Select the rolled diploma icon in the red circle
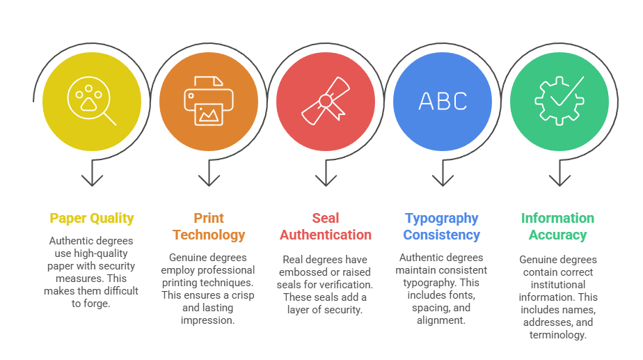tap(325, 101)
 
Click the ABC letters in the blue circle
tap(443, 102)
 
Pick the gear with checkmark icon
tap(558, 101)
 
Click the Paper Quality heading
tap(92, 219)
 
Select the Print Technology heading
tap(209, 226)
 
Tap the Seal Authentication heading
tap(326, 226)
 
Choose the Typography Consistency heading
tap(442, 226)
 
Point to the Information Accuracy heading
tap(558, 226)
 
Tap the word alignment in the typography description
tap(443, 320)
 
